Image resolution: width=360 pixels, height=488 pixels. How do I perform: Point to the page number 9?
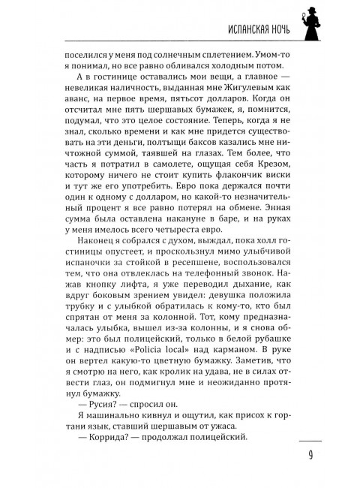pyautogui.click(x=309, y=456)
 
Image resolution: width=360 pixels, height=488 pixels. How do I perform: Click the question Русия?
pyautogui.click(x=100, y=429)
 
